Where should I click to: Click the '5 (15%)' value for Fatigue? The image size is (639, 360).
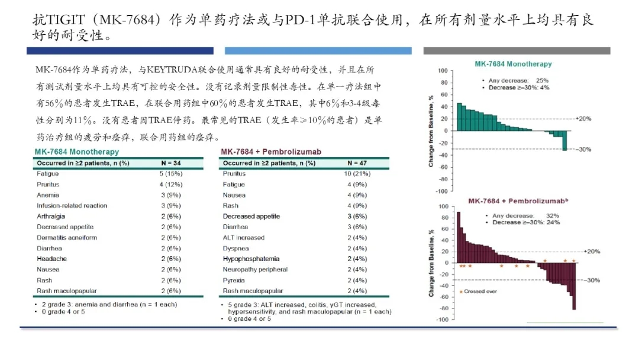pyautogui.click(x=171, y=173)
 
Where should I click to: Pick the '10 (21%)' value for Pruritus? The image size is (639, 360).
pyautogui.click(x=357, y=173)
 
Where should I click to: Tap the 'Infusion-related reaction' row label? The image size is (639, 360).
pyautogui.click(x=72, y=205)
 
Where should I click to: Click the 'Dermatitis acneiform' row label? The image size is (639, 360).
pyautogui.click(x=66, y=237)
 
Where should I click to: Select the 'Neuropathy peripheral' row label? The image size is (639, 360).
pyautogui.click(x=255, y=269)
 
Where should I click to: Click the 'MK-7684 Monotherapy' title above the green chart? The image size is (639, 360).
pyautogui.click(x=513, y=64)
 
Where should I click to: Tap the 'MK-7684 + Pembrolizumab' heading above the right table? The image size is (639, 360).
pyautogui.click(x=271, y=152)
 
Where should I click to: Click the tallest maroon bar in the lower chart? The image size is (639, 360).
pyautogui.click(x=459, y=237)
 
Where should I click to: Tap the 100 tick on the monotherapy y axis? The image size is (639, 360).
pyautogui.click(x=443, y=70)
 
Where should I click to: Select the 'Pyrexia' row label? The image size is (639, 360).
pyautogui.click(x=234, y=280)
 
